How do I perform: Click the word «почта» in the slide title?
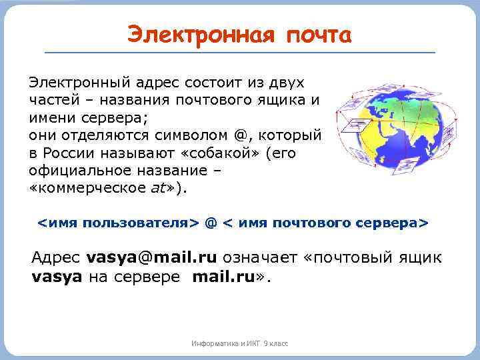(x=318, y=35)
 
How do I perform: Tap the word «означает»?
(x=259, y=257)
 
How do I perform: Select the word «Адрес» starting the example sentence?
(x=57, y=257)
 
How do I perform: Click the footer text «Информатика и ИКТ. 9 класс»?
(x=239, y=343)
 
